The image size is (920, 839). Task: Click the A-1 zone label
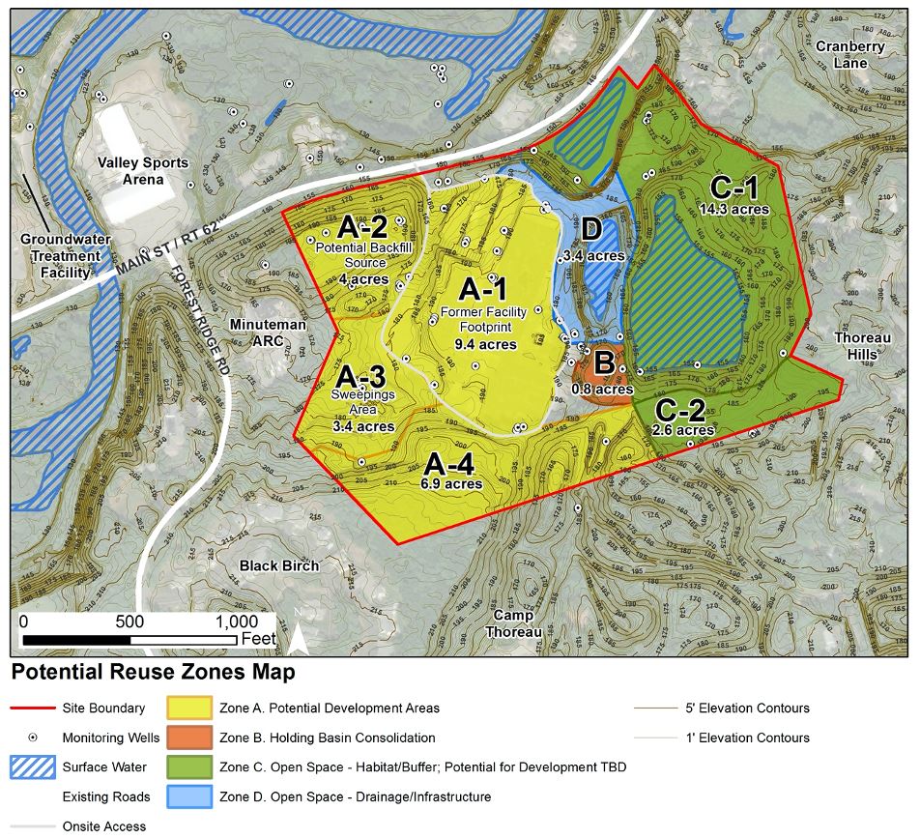click(482, 289)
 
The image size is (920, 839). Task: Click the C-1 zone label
click(734, 187)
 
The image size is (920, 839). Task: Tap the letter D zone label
click(593, 231)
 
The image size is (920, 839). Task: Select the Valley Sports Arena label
click(142, 171)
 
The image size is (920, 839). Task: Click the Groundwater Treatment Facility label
click(60, 256)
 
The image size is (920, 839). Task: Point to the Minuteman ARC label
click(268, 333)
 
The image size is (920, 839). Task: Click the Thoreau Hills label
click(857, 346)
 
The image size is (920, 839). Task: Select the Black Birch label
click(279, 565)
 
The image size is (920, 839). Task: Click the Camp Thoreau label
click(513, 623)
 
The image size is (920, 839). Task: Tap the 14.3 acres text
click(733, 209)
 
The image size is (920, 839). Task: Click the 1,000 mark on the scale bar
click(230, 622)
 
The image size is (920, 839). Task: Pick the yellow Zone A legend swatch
click(190, 709)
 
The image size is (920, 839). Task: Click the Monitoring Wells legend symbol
click(32, 738)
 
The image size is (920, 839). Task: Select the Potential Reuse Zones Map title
click(153, 672)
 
